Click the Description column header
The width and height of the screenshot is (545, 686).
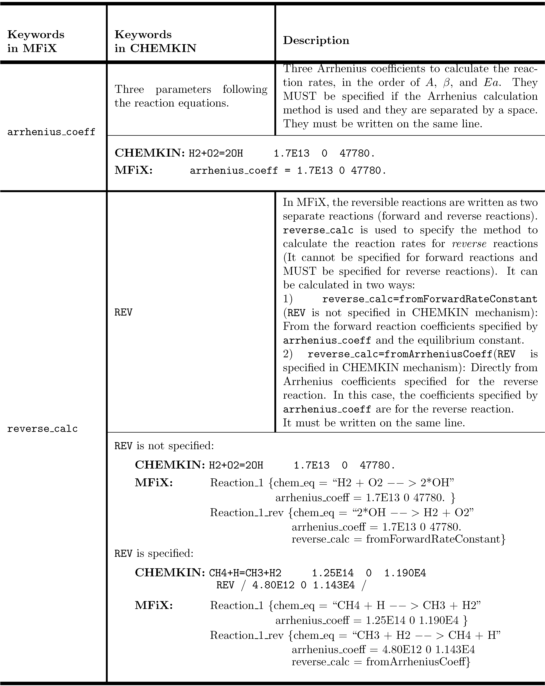pos(316,40)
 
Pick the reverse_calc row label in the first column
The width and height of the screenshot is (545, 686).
pos(42,429)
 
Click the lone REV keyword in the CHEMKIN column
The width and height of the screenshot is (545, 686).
pos(123,312)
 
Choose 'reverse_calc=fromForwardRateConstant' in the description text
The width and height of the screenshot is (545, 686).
pos(430,299)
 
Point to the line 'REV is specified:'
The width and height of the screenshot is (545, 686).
pos(154,554)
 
